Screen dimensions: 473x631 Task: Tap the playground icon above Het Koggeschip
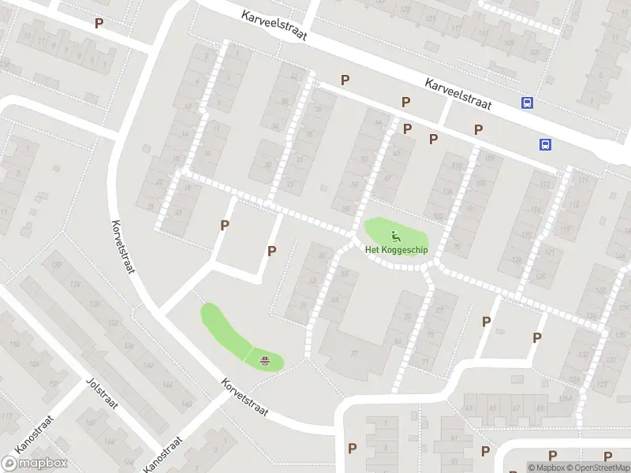click(x=395, y=235)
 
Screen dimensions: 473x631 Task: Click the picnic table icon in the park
click(x=265, y=360)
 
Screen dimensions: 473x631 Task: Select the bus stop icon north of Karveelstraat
click(x=527, y=102)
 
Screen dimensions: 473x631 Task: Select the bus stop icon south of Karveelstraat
click(x=545, y=143)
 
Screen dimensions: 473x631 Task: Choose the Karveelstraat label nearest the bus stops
click(x=457, y=94)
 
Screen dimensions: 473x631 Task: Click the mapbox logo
click(x=35, y=464)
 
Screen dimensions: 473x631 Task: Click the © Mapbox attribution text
click(x=546, y=467)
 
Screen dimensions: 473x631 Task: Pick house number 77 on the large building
click(x=354, y=354)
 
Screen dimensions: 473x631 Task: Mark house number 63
click(x=334, y=300)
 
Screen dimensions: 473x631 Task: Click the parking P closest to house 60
click(x=272, y=251)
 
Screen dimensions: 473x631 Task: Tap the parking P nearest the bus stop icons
click(x=478, y=129)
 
